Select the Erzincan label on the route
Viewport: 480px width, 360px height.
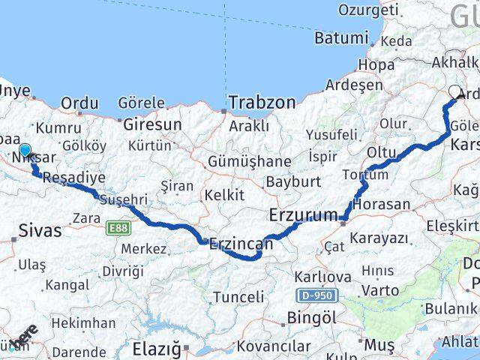(x=241, y=244)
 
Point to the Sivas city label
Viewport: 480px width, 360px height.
(x=40, y=229)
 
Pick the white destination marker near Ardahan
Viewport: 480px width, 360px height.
(x=455, y=94)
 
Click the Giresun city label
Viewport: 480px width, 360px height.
(x=152, y=123)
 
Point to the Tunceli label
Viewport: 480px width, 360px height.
(x=238, y=297)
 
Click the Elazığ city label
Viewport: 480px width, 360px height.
(x=156, y=349)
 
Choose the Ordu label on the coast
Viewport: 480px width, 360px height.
(x=79, y=103)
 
